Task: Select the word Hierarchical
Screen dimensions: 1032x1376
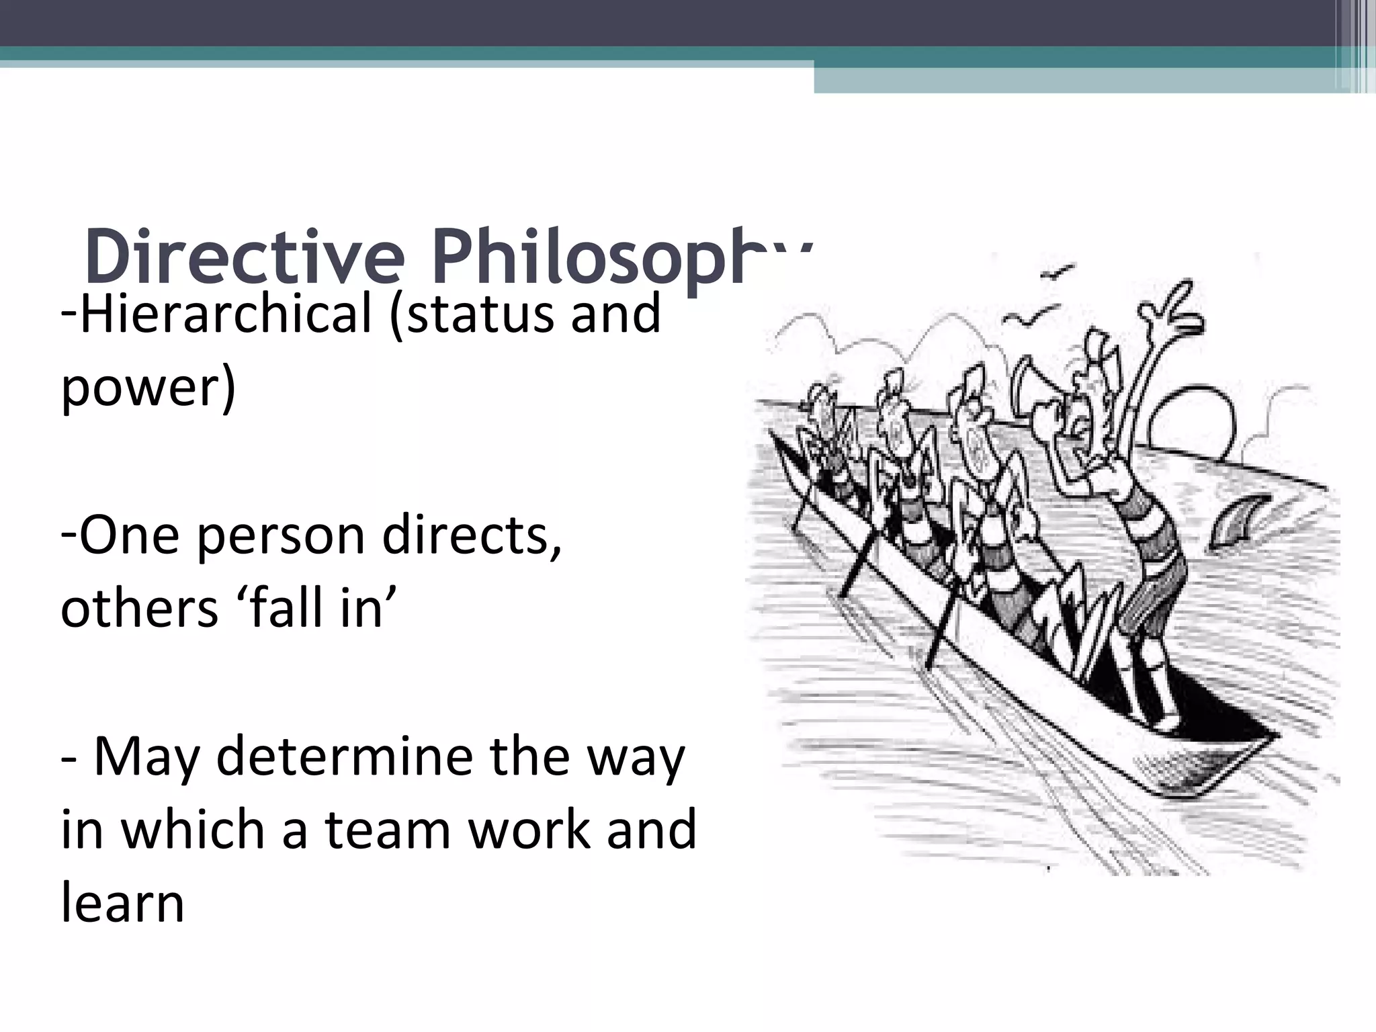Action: pos(226,314)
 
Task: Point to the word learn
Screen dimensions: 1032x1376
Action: pos(122,904)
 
